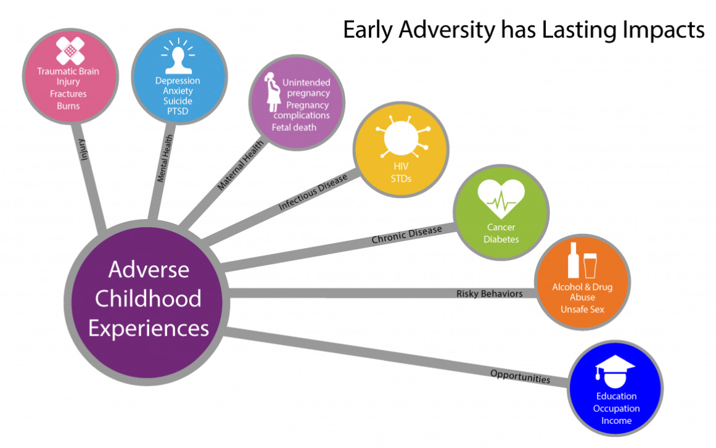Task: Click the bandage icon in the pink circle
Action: pos(70,51)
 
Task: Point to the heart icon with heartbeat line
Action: pos(501,196)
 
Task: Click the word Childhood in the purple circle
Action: pos(148,299)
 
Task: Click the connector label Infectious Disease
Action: pos(313,193)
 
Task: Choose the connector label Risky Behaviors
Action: pos(489,294)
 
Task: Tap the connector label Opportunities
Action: pos(520,376)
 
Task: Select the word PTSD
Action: pos(177,112)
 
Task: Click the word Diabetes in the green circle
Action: pos(501,239)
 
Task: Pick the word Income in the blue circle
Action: pos(616,421)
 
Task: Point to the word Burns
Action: pos(68,106)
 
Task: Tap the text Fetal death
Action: pos(294,128)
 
